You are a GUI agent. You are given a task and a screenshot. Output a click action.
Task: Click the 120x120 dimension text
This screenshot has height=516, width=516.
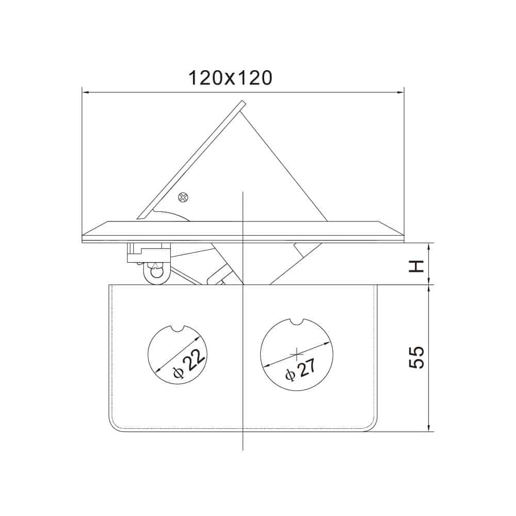(229, 78)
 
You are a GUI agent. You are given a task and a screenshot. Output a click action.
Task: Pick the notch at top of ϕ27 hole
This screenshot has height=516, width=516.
(297, 322)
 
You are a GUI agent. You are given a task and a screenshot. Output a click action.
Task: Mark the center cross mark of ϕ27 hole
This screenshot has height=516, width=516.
(297, 353)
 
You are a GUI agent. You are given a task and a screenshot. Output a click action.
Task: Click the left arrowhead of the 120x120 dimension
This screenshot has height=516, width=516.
(86, 93)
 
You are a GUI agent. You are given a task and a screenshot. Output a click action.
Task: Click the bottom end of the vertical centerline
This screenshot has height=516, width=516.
(243, 449)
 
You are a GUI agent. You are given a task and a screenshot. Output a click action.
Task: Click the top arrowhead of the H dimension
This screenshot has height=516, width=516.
(429, 246)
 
